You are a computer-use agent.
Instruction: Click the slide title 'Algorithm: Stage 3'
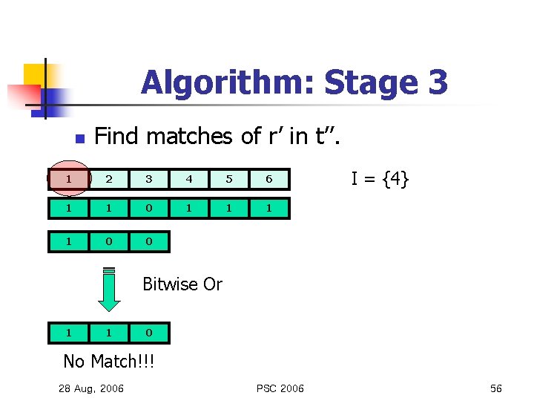294,82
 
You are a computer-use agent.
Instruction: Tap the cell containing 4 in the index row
189,179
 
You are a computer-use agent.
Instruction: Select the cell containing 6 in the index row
269,179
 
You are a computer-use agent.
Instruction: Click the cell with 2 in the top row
109,179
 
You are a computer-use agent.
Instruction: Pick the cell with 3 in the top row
149,179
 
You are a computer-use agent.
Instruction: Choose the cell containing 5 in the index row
229,179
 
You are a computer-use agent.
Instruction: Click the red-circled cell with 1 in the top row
68,179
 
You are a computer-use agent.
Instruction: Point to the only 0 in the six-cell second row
149,209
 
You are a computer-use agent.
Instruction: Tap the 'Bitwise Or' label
182,284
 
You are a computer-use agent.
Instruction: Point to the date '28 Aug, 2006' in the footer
91,388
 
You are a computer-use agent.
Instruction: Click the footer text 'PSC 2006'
280,388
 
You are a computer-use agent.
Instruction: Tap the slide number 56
495,388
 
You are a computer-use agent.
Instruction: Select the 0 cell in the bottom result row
149,333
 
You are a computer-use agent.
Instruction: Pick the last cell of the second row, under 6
269,209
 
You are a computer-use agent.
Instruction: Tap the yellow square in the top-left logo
34,74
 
